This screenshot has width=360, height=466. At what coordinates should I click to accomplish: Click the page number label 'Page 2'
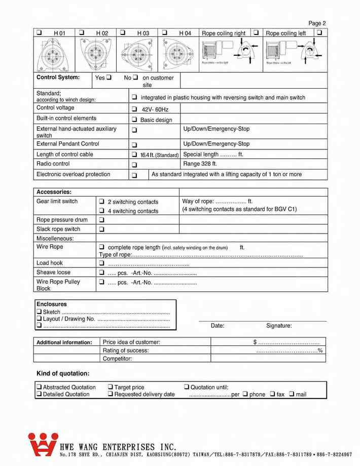pyautogui.click(x=317, y=23)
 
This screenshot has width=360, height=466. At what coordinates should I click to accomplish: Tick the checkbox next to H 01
pyautogui.click(x=39, y=32)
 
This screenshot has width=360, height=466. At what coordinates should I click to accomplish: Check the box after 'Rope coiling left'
pyautogui.click(x=319, y=32)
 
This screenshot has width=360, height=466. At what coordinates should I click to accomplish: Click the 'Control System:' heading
pyautogui.click(x=58, y=77)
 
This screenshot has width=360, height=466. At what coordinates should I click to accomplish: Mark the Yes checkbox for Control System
pyautogui.click(x=109, y=77)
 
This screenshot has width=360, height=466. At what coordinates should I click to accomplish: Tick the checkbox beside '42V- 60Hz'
pyautogui.click(x=134, y=109)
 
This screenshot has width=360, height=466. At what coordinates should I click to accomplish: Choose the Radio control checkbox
pyautogui.click(x=134, y=165)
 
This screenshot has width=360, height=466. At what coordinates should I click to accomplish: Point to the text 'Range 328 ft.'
pyautogui.click(x=200, y=164)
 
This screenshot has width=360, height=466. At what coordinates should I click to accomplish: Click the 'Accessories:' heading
pyautogui.click(x=54, y=192)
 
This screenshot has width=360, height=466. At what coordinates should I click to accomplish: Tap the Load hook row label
pyautogui.click(x=50, y=263)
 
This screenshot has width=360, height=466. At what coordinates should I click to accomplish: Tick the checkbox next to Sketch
pyautogui.click(x=39, y=312)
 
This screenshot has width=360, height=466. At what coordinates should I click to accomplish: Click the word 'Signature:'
pyautogui.click(x=279, y=326)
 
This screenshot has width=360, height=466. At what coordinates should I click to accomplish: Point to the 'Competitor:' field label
pyautogui.click(x=117, y=359)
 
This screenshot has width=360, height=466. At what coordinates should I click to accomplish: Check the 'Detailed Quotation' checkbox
pyautogui.click(x=39, y=395)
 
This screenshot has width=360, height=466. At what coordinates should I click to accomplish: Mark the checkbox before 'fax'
pyautogui.click(x=272, y=394)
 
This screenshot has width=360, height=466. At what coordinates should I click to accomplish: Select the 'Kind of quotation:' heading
pyautogui.click(x=63, y=374)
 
